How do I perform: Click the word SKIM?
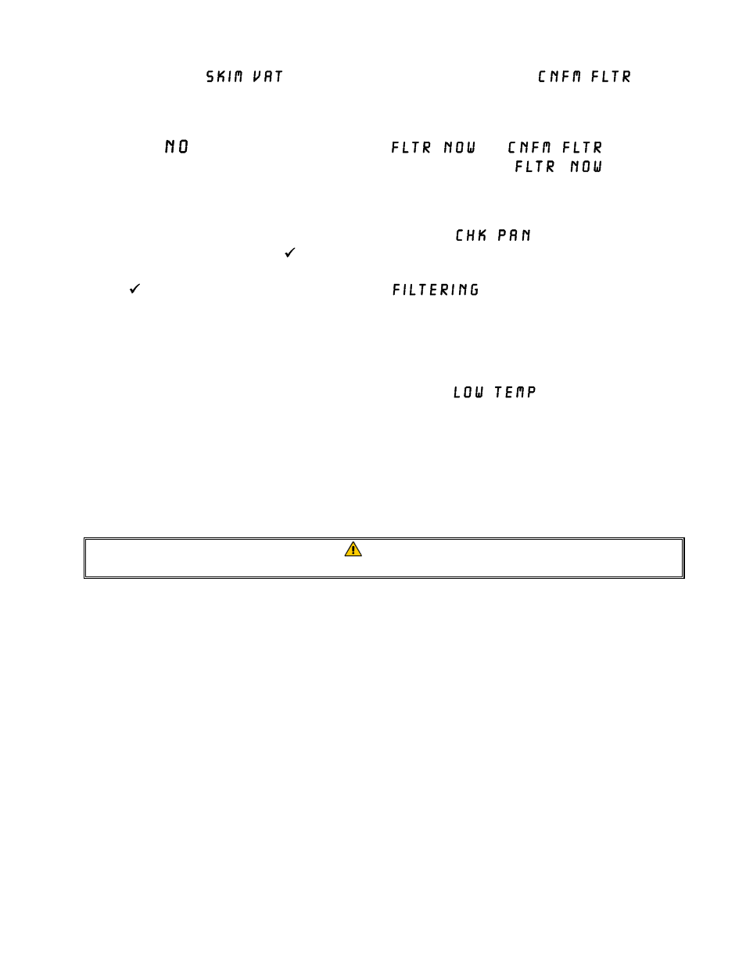(224, 77)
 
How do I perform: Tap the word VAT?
(267, 77)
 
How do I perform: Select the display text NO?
(177, 147)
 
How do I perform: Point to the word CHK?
(471, 235)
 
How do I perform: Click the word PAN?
(515, 235)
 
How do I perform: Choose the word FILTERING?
(436, 290)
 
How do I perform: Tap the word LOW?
(468, 393)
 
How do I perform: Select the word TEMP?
(515, 393)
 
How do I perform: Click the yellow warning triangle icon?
(353, 549)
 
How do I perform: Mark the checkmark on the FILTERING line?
(134, 289)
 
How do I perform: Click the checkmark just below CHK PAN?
(289, 253)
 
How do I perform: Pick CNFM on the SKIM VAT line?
(560, 77)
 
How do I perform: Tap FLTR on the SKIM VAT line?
(612, 77)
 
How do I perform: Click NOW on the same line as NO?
(460, 148)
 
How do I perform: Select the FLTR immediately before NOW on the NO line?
(411, 148)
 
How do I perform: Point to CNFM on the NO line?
(529, 148)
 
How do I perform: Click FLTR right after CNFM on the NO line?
(583, 148)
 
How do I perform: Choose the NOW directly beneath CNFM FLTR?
(586, 167)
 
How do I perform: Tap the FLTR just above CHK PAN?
(535, 167)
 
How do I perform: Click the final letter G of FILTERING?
(474, 290)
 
